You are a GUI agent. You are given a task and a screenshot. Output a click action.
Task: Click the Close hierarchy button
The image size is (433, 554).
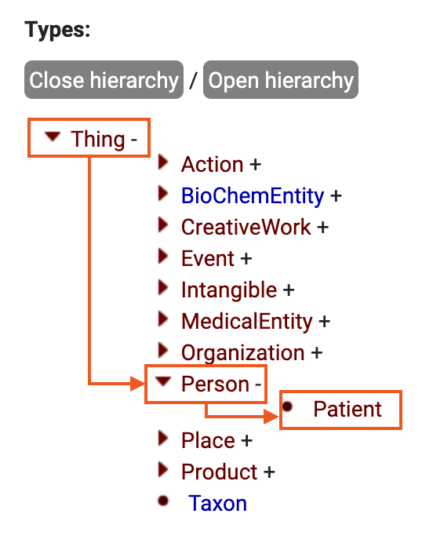point(104,80)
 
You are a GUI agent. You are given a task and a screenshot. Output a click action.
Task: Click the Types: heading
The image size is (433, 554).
point(58,31)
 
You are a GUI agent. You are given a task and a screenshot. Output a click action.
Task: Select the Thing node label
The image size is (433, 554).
point(98,140)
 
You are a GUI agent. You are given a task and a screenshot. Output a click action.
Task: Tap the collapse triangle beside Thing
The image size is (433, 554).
point(53,137)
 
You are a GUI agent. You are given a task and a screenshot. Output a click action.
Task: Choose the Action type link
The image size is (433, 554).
point(212,165)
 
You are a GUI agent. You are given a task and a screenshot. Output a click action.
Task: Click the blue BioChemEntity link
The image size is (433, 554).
point(252,195)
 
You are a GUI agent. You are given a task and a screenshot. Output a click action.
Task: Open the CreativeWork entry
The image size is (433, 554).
point(246,227)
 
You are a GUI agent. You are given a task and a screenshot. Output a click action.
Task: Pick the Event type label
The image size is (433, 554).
point(208,258)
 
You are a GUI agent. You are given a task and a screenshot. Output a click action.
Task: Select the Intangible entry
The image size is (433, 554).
point(229,290)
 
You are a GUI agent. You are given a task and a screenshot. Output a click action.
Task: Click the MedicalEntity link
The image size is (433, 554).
point(246,321)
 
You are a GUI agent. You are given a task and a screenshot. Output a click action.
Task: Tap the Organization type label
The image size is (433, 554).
point(243,352)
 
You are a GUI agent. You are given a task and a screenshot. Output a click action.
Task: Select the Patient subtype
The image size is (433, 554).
point(347,409)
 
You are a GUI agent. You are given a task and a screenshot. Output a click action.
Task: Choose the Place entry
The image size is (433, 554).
point(208,440)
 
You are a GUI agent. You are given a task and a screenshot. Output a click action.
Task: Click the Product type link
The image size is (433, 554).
point(219,472)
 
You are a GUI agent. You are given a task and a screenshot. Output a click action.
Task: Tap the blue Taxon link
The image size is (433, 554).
point(217,503)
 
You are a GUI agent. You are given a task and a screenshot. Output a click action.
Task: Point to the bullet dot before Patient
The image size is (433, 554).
point(288,406)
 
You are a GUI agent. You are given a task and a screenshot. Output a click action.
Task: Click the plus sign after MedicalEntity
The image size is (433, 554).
point(325,321)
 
